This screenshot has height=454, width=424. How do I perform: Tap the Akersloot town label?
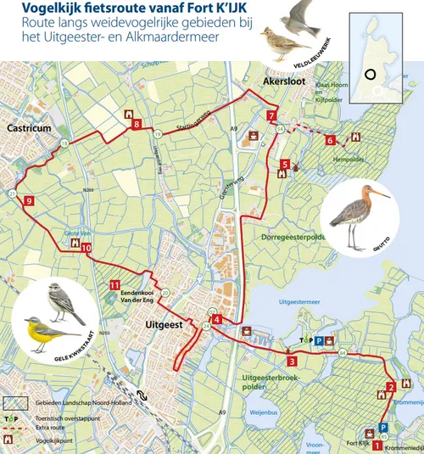(x=283, y=81)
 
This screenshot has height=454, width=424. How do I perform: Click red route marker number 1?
(x=377, y=434)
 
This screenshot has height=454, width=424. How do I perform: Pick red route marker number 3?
(x=292, y=361)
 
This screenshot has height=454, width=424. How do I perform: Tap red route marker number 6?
(x=330, y=141)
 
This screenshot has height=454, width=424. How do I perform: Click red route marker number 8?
(x=137, y=126)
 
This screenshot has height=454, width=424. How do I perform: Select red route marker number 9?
(x=29, y=201)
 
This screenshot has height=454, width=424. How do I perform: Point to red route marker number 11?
(x=114, y=285)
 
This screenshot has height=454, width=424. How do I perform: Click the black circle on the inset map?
(x=370, y=74)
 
